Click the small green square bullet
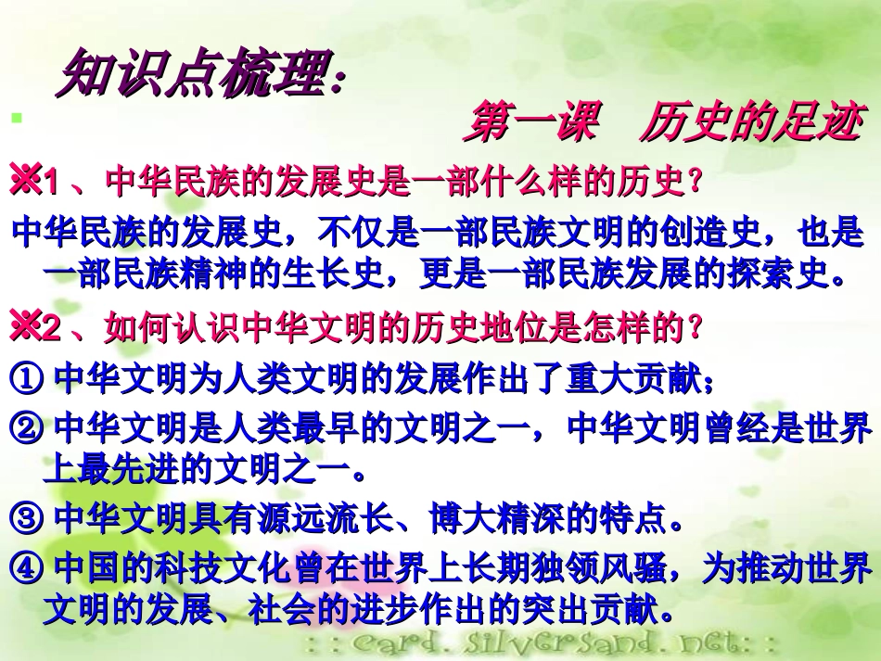point(15,118)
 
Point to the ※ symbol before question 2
point(27,326)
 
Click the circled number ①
point(29,379)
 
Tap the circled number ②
point(29,429)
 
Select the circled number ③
point(29,519)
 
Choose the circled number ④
point(29,566)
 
